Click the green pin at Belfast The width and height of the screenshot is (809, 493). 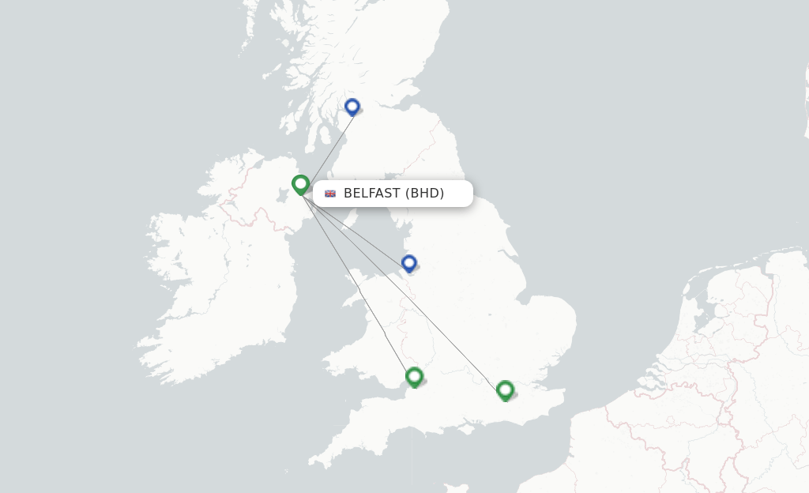pos(300,184)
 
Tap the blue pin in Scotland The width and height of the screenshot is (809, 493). pos(352,107)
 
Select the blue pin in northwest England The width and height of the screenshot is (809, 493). pos(408,263)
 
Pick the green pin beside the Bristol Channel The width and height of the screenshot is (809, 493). pos(414,376)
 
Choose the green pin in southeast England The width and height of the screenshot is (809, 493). pos(505,390)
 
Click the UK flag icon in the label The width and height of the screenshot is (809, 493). pos(330,194)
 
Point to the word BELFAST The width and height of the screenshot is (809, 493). pos(371,194)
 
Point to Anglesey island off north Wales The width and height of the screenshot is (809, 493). pos(352,296)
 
